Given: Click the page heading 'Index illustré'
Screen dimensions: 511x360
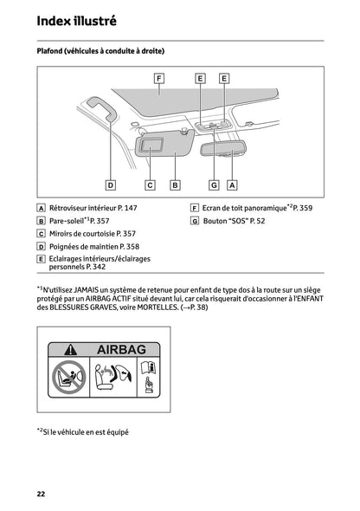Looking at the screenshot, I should [76, 20].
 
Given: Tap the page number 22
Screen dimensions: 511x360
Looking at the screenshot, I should [41, 493].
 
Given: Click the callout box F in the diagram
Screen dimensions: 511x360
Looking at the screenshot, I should [159, 78].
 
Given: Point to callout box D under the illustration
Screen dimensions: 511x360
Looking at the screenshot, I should [111, 184].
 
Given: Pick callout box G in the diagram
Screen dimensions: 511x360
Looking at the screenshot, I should [213, 184].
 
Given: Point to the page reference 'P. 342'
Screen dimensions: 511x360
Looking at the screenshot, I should [93, 268].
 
